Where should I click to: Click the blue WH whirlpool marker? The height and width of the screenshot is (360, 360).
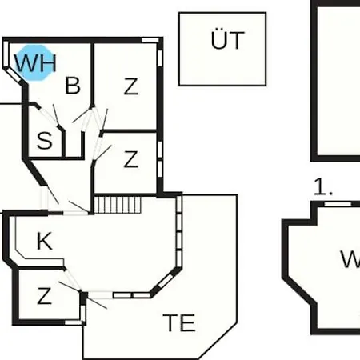(34, 63)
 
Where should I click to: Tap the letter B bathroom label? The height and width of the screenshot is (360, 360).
(73, 86)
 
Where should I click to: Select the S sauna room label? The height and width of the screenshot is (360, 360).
(44, 140)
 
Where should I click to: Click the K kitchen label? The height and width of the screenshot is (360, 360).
(44, 241)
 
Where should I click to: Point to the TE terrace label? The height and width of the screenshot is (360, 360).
(179, 322)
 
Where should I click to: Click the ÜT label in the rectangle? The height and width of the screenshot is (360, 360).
(227, 39)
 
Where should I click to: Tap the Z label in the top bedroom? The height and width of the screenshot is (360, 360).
(131, 86)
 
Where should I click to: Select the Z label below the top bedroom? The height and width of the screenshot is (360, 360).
(131, 159)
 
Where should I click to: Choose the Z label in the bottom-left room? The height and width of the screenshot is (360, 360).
(44, 296)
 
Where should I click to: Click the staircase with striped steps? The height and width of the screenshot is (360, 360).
(118, 205)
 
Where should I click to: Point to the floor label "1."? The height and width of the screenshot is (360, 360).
(323, 186)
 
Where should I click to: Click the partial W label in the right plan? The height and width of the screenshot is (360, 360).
(350, 259)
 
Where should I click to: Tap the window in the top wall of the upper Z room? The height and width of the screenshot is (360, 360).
(150, 40)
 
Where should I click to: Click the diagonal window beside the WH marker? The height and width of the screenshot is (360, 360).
(14, 74)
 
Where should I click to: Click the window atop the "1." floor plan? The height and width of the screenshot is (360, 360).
(338, 204)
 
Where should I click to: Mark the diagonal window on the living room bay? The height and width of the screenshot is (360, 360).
(166, 281)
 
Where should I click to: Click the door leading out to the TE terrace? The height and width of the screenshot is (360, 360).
(98, 298)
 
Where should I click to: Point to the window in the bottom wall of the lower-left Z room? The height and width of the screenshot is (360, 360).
(73, 322)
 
